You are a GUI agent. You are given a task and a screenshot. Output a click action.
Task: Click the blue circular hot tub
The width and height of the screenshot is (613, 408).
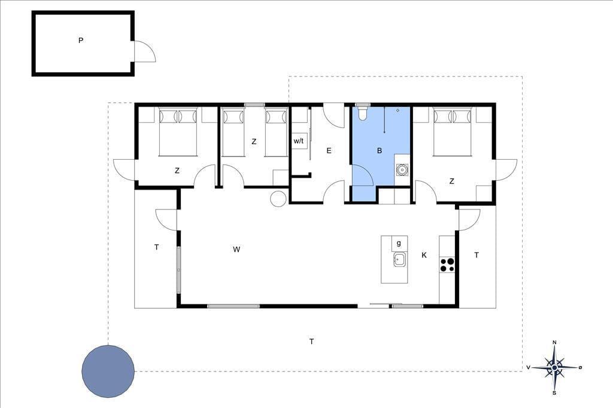(108, 371)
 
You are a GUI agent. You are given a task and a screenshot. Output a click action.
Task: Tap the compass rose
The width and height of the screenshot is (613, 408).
(554, 367)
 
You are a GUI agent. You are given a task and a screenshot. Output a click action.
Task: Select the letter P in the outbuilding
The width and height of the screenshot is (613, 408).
(81, 40)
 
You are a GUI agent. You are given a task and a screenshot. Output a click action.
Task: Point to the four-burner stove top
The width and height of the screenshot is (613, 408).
(447, 264)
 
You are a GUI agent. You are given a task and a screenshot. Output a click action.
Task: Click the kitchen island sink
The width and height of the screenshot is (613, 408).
(399, 259)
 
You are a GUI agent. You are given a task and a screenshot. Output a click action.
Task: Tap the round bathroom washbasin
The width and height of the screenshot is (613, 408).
(402, 170)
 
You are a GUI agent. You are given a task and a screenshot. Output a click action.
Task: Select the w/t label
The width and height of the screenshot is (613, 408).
(298, 141)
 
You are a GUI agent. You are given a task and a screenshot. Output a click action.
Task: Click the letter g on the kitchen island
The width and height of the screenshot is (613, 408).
(399, 243)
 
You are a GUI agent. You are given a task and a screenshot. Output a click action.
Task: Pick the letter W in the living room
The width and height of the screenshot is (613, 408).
(236, 249)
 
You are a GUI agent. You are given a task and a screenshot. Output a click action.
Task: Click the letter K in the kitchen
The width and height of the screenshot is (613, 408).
(424, 255)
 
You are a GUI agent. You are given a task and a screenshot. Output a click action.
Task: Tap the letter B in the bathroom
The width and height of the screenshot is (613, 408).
(379, 151)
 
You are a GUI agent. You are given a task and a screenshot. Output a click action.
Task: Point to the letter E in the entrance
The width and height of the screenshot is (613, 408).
(329, 151)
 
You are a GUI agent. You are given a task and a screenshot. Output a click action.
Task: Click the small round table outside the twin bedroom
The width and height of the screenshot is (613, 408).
(278, 198)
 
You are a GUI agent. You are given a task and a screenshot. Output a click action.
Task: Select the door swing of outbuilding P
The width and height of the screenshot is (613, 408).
(145, 51)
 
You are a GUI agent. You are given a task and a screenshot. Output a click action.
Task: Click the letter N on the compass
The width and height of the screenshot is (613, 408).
(554, 342)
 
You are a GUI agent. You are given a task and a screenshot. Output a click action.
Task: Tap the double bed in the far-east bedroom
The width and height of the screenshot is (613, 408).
(453, 132)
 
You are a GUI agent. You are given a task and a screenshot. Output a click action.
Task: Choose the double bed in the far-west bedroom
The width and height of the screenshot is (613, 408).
(178, 132)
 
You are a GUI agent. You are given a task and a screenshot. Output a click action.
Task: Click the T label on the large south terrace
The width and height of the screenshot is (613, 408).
(311, 342)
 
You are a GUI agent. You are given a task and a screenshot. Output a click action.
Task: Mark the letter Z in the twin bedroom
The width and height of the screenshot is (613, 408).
(254, 141)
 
